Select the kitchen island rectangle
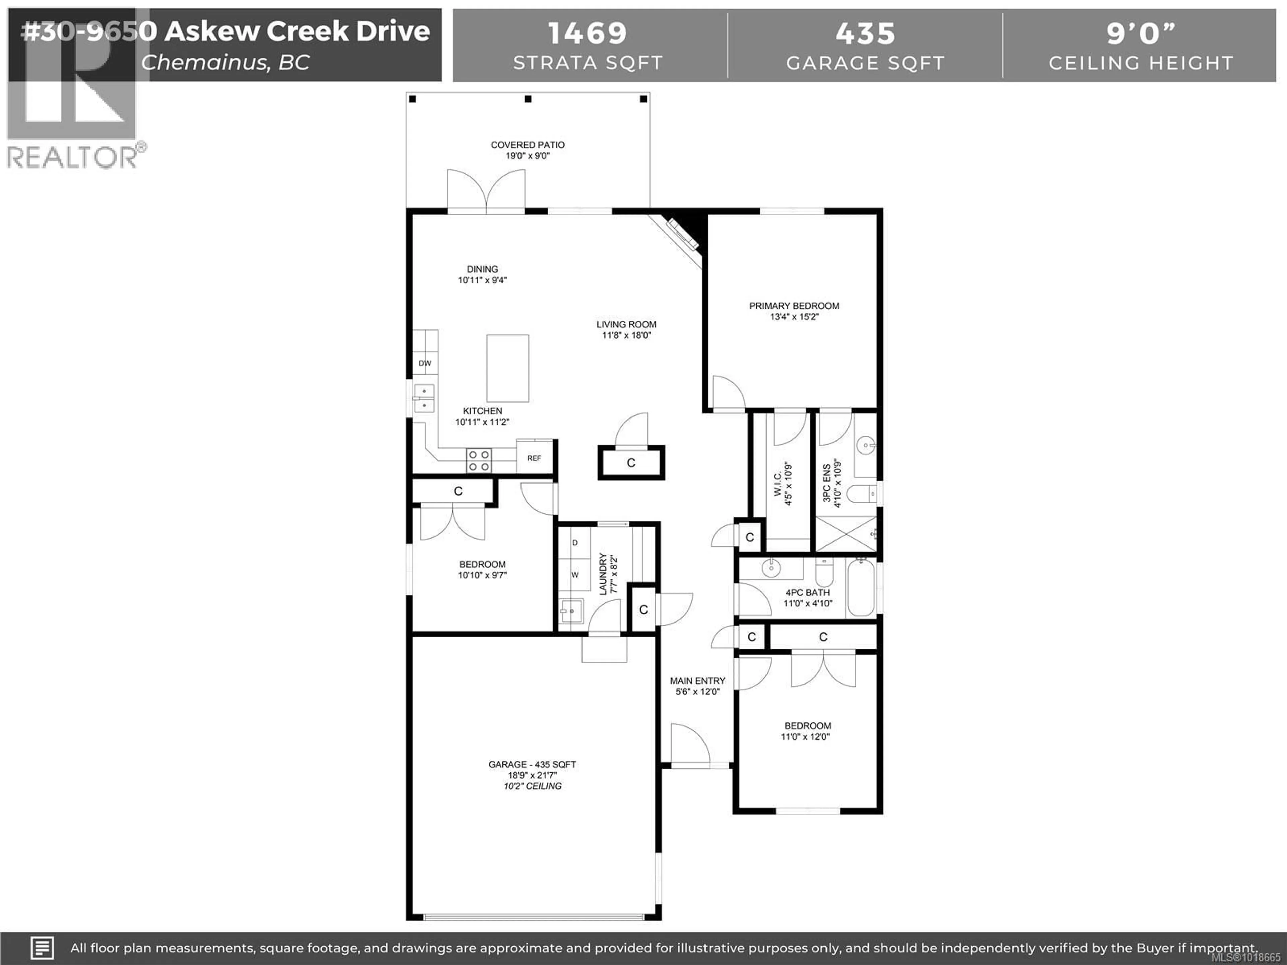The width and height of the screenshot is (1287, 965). [x=507, y=368]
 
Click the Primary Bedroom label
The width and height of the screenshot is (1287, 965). [x=794, y=306]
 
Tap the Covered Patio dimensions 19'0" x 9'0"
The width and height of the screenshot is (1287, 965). [x=527, y=156]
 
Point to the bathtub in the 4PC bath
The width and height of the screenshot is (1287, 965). [x=861, y=587]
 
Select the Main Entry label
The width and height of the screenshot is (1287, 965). [x=697, y=681]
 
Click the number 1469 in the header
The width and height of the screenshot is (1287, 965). [x=588, y=33]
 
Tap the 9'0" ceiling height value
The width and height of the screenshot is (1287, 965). [x=1141, y=33]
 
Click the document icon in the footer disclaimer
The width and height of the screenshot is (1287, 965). [x=42, y=948]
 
